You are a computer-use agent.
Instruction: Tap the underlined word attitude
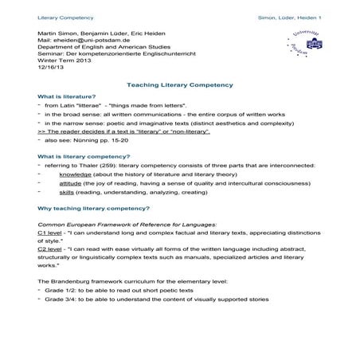tap(71, 185)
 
